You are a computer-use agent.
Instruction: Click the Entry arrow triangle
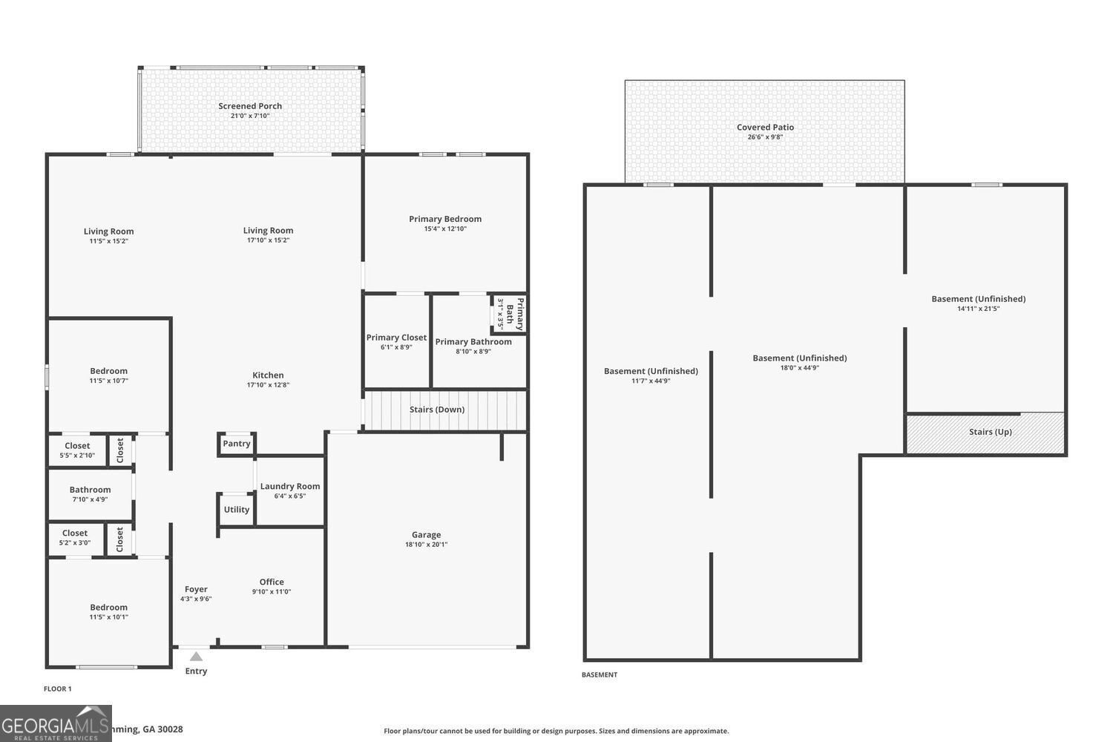tap(196, 657)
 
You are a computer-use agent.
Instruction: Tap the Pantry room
tap(237, 444)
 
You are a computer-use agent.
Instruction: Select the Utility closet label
tap(237, 510)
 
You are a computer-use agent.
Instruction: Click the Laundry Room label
tap(290, 487)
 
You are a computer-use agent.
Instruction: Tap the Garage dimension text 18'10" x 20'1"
tap(426, 545)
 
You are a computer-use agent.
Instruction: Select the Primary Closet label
tap(396, 338)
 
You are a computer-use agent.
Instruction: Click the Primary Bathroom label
tap(473, 342)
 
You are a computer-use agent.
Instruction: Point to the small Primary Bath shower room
tap(509, 315)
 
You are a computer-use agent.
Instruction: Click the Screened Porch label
tap(250, 106)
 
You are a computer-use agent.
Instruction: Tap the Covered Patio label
tap(765, 128)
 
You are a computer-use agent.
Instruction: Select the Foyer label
tap(196, 589)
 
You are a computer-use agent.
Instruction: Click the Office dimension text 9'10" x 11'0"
tap(272, 592)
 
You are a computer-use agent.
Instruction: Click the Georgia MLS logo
tap(56, 723)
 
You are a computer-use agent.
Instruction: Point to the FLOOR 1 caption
tap(58, 689)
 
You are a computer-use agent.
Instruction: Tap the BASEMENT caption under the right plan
tap(599, 675)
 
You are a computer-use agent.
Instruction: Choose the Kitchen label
tap(268, 375)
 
